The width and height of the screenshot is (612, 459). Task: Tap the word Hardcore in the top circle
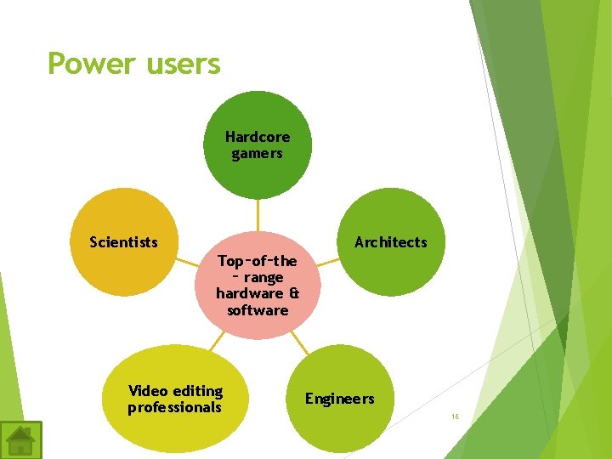258,137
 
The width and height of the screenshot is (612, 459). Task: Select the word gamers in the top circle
257,154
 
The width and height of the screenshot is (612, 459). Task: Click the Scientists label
124,242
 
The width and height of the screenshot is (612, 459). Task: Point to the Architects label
390,242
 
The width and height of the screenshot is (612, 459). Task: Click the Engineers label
339,399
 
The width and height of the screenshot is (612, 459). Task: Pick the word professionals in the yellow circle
174,408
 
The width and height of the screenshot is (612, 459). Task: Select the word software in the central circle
258,310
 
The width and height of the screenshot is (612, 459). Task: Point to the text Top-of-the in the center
258,261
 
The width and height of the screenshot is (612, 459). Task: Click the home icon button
20,439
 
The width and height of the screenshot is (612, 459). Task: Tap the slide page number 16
455,416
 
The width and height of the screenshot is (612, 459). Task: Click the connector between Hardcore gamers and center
258,215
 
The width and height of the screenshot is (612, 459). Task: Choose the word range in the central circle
263,278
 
